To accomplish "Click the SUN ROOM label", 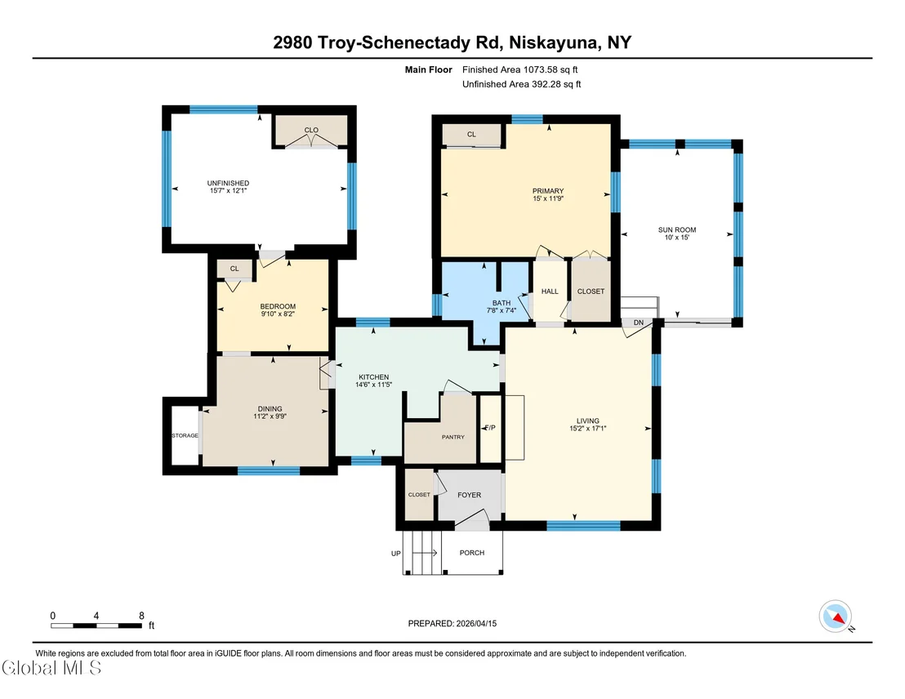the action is coord(677,229).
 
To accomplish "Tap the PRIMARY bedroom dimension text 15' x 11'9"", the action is coord(548,198).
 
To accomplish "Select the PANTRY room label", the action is coord(453,437).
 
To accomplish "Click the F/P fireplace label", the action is coord(490,428).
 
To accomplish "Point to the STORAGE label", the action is coord(185,435).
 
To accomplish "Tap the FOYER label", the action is coord(469,495).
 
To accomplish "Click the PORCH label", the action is coord(471,552).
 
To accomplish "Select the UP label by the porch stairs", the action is coord(396,554).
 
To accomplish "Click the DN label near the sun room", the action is coord(639,323).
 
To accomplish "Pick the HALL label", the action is coord(550,292).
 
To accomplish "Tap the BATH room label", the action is coord(502,303).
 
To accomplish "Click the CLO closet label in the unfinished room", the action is coord(311,130).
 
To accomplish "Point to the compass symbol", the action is coord(835,617).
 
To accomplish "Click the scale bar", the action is coord(96,626).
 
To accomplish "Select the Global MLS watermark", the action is coord(51,668).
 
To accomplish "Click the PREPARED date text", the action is coord(452,623).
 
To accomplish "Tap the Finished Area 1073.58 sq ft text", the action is coord(520,70).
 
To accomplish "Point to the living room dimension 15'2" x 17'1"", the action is coord(588,428).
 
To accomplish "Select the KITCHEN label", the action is coord(373,377).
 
